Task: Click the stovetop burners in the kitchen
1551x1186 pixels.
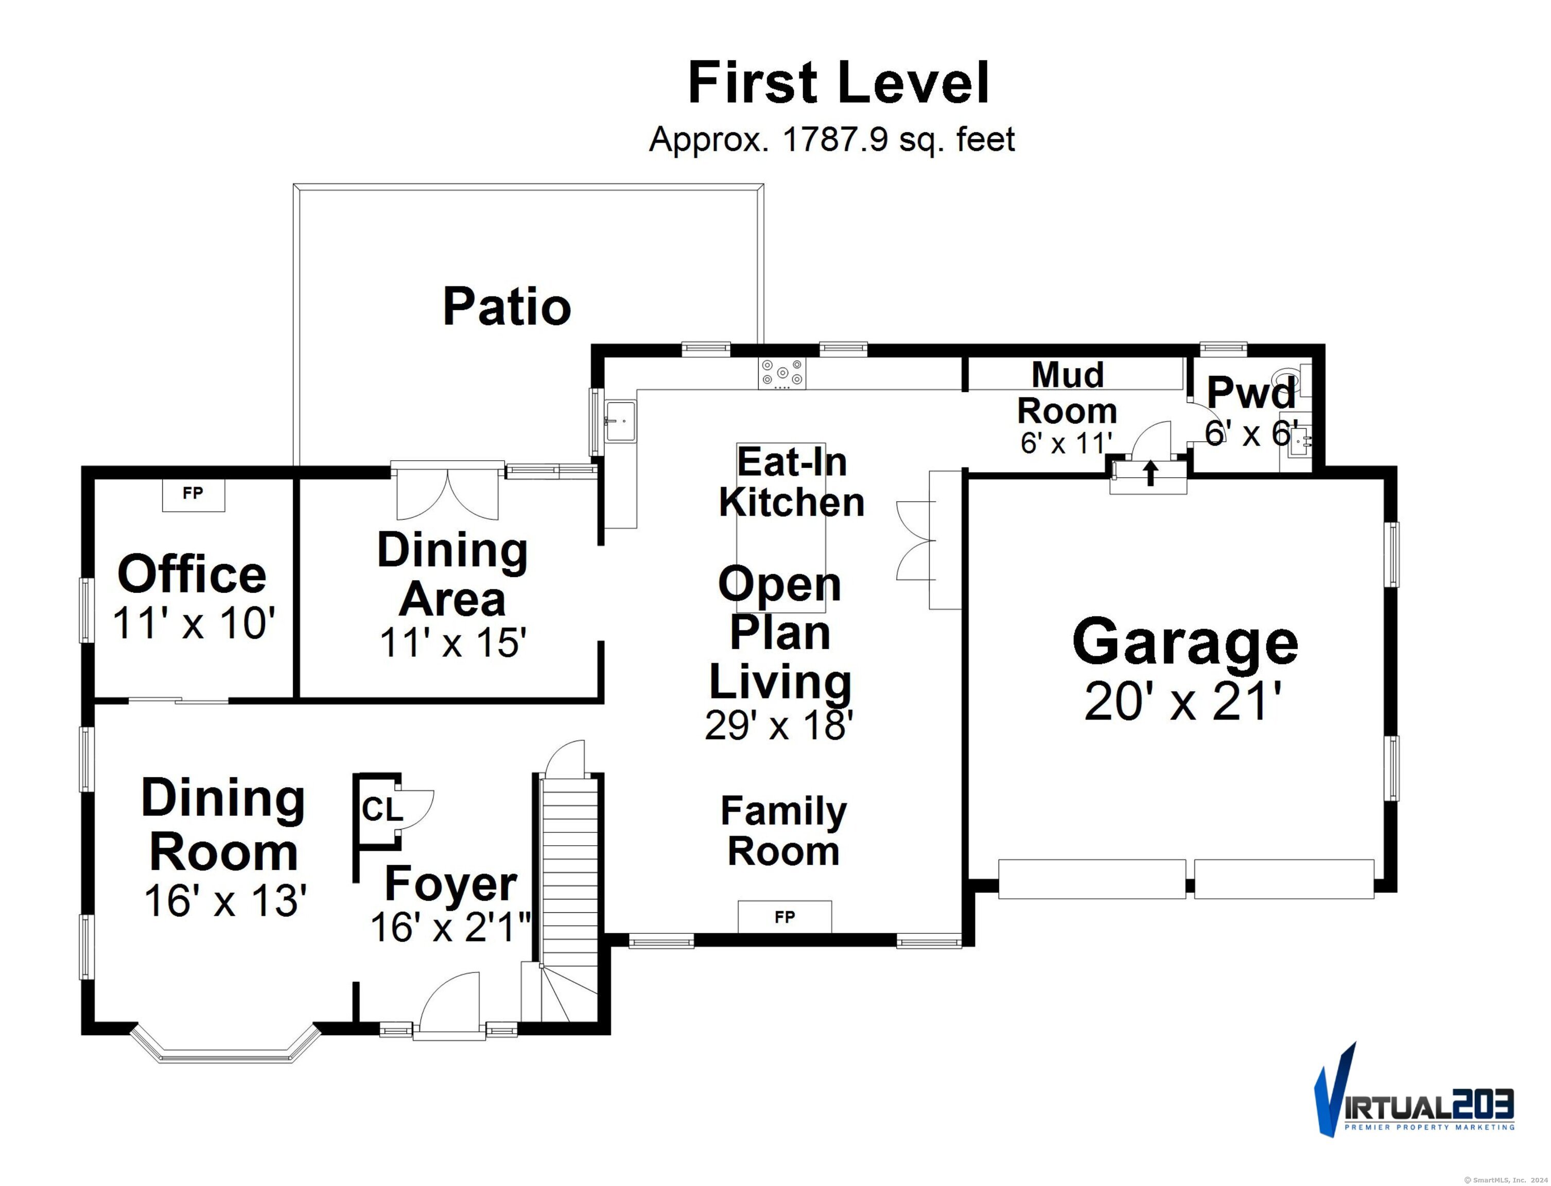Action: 781,373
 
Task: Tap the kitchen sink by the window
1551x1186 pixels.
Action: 619,422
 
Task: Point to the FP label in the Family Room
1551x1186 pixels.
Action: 785,916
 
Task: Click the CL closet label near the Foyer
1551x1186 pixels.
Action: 382,809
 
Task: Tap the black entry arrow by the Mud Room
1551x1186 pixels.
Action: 1151,473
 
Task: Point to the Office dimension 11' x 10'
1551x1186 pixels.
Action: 194,623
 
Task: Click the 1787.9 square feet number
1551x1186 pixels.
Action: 835,139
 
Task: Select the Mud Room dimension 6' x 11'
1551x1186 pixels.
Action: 1066,443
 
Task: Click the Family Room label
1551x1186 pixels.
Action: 783,831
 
